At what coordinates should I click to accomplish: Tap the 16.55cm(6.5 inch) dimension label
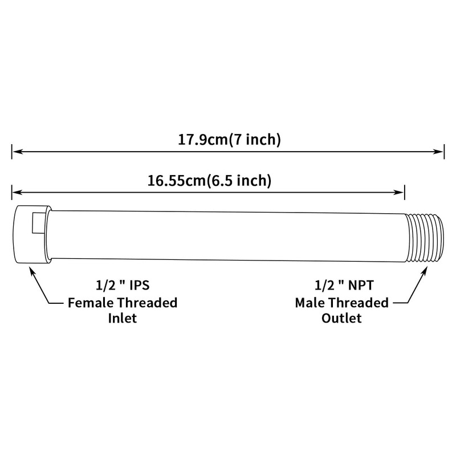[208, 181]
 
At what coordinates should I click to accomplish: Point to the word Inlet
[122, 317]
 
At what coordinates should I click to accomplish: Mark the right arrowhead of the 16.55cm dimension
[400, 192]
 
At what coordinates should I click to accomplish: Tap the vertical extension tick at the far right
[444, 152]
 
